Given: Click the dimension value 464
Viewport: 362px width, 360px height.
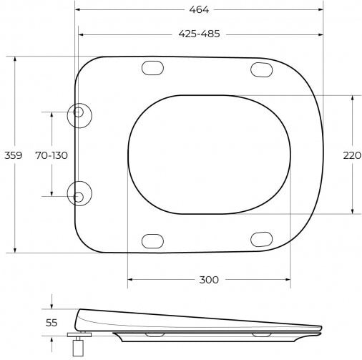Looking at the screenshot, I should click(x=199, y=10).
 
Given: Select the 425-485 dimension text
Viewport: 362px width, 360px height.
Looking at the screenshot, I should click(x=199, y=34).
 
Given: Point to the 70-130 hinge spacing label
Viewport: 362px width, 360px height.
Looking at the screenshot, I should click(x=52, y=155).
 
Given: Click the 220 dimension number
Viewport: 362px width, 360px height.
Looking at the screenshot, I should click(x=352, y=155).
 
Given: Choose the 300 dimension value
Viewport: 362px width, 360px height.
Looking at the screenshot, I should click(x=208, y=280).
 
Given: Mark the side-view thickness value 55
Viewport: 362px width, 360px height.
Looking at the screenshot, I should click(x=52, y=323).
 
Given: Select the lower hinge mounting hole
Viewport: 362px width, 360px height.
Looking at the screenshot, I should click(x=79, y=195).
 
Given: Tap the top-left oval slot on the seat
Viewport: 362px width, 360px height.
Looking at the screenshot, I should click(x=153, y=69).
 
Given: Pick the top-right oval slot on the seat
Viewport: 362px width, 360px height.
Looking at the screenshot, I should click(x=261, y=69).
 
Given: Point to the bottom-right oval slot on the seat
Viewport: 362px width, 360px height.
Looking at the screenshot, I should click(x=261, y=239).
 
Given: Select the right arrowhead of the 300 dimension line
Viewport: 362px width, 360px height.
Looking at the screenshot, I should click(x=288, y=280).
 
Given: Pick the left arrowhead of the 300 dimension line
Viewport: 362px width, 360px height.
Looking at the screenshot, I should click(x=130, y=280).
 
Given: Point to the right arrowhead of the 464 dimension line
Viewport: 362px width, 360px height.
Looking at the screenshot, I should click(x=321, y=10).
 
